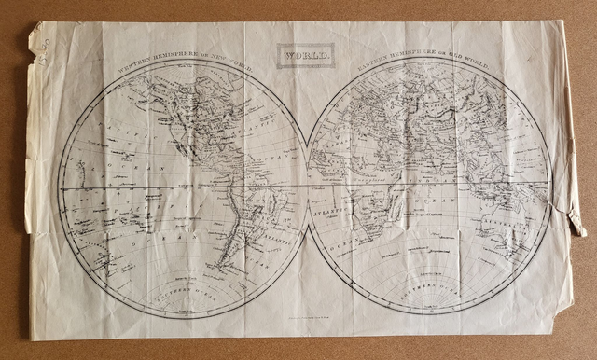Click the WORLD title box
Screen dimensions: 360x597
tap(305, 55)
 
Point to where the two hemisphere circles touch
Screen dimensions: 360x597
tap(307, 187)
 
